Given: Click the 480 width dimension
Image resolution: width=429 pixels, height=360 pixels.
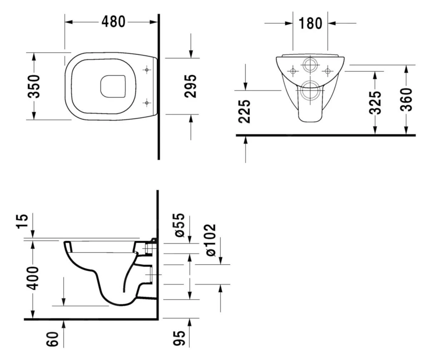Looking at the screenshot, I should click(113, 22).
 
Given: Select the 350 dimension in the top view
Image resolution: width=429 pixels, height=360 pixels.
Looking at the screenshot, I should click(34, 86).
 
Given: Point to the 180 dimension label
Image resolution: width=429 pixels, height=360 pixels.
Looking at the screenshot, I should click(310, 24).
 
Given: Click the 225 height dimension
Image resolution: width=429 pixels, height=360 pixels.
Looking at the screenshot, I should click(245, 111).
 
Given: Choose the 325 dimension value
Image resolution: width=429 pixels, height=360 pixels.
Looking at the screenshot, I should click(375, 103).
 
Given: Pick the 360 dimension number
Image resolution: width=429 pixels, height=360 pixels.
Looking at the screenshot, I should click(406, 99).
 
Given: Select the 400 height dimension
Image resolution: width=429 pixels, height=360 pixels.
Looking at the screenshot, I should click(33, 278).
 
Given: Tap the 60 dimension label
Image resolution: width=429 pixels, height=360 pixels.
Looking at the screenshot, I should click(53, 339).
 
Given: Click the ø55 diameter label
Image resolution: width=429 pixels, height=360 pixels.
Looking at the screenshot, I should click(179, 225).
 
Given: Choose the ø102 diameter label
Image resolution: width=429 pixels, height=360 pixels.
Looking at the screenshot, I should click(211, 240).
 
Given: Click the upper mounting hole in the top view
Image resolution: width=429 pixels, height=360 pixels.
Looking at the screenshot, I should click(147, 70).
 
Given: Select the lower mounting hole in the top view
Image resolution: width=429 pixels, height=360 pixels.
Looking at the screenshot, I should click(147, 103).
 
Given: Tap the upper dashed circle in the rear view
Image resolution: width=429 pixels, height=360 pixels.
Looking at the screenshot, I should click(310, 65).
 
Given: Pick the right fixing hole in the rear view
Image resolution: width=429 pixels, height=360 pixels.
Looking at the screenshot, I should click(327, 71).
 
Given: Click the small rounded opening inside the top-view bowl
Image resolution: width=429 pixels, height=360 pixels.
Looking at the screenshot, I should click(113, 86).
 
